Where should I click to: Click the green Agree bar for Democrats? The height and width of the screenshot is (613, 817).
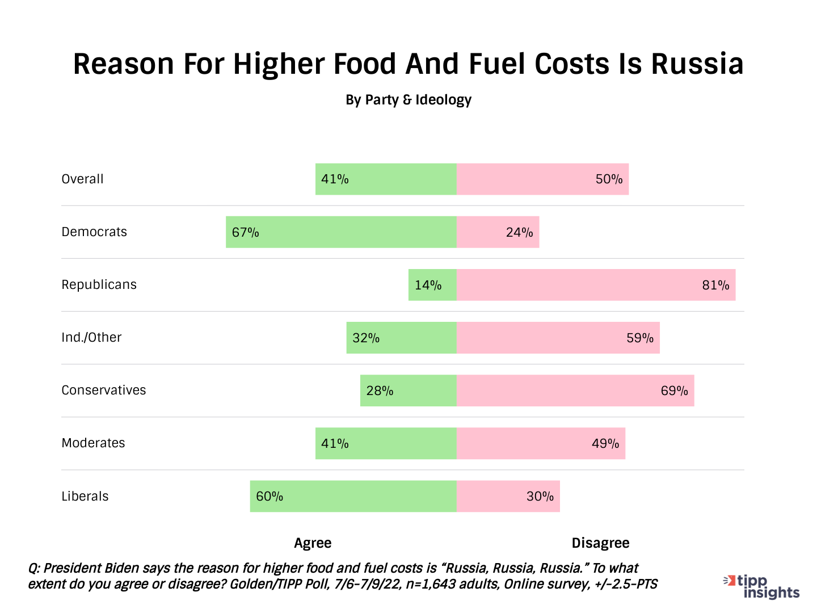point(341,232)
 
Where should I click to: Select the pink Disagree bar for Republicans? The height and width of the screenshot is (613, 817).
point(596,285)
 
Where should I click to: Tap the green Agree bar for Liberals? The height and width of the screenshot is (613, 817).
point(353,497)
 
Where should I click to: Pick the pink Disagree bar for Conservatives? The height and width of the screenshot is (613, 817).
point(575,391)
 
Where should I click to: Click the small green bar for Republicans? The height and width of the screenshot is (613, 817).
point(432,285)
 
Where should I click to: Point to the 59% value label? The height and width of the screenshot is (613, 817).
point(640,338)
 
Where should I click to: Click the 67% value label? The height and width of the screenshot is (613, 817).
point(245,232)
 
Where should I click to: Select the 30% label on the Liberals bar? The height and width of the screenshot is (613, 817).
point(540,497)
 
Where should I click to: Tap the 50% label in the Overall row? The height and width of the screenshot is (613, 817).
point(609,179)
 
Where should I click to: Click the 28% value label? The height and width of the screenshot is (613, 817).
point(380,391)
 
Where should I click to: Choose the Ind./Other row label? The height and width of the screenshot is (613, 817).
point(91,338)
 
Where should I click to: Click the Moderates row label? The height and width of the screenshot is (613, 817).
point(93,443)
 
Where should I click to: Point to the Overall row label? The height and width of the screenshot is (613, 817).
point(82,179)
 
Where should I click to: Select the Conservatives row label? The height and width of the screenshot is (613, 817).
point(104,391)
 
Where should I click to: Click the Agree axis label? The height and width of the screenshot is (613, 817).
point(313,543)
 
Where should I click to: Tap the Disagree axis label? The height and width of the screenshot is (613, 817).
point(600,543)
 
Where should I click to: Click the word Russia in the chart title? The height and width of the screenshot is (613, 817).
point(697,64)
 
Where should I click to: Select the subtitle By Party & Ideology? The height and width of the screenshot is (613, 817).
point(408,100)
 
